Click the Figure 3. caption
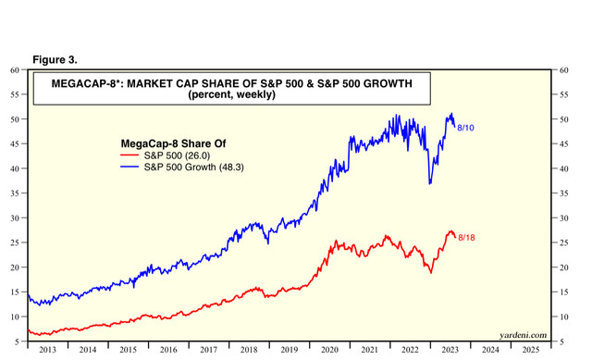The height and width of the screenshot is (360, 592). tap(55, 59)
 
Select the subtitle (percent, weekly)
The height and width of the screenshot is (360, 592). tap(232, 94)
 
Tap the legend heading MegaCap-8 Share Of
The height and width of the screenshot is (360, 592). tap(173, 143)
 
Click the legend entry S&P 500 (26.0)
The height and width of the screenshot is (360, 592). tap(177, 155)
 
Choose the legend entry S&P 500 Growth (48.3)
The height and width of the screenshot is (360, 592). tap(193, 167)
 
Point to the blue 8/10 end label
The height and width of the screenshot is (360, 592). tap(465, 128)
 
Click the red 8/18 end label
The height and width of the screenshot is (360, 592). tap(466, 238)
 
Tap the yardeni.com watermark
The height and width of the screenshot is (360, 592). tap(523, 335)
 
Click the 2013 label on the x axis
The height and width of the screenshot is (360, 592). tap(47, 350)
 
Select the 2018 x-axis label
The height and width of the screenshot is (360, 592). tap(249, 350)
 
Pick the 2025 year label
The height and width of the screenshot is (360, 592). tap(531, 350)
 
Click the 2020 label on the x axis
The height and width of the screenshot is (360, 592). tap(329, 350)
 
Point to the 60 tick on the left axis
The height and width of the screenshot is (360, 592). tap(15, 70)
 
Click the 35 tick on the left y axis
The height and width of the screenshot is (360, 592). tap(15, 193)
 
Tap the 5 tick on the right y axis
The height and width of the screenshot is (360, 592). tap(561, 341)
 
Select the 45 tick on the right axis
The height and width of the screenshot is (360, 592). tap(563, 144)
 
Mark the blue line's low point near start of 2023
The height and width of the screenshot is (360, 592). tap(429, 184)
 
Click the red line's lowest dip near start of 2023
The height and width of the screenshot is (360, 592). tap(431, 273)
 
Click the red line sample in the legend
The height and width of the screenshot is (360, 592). tap(129, 155)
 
